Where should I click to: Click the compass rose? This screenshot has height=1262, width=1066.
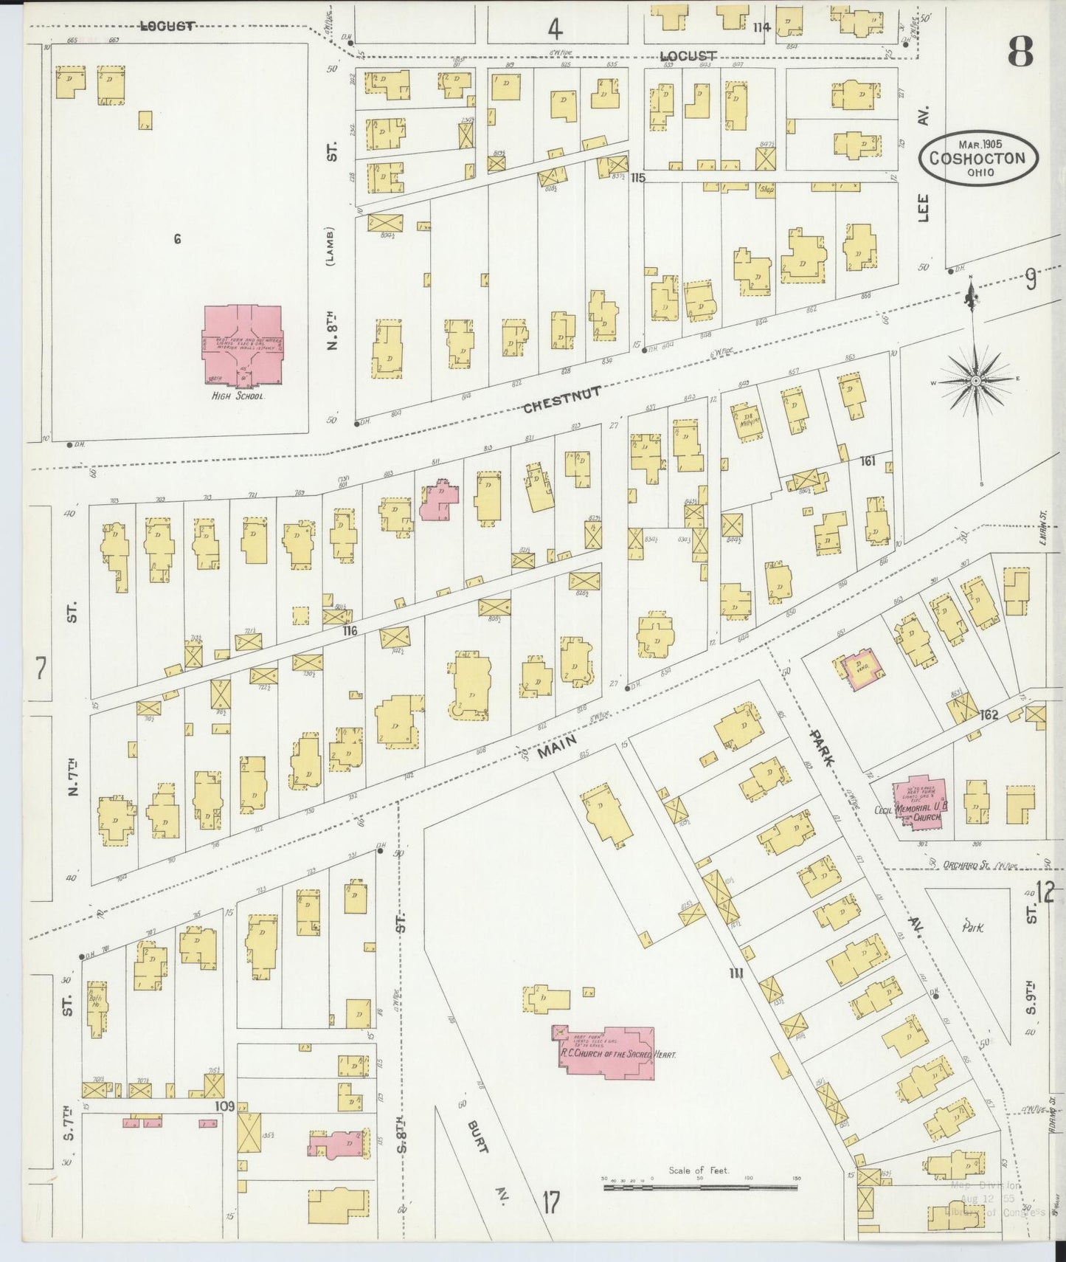(975, 380)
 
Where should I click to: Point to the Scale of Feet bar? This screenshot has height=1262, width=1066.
(701, 1187)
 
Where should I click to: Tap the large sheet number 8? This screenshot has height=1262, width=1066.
(1020, 52)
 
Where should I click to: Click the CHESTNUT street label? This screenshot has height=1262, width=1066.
(561, 400)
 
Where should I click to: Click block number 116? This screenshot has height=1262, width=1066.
(349, 631)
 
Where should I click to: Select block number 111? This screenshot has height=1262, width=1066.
(736, 973)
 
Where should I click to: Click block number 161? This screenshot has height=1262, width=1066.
(867, 461)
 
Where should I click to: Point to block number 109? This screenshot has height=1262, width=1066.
(224, 1106)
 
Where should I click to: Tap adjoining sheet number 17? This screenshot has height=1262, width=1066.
(550, 1202)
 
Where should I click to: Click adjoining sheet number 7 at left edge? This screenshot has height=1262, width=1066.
(41, 669)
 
